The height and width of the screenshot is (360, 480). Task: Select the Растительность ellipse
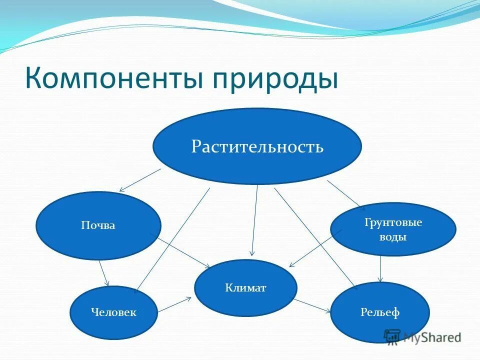click(257, 146)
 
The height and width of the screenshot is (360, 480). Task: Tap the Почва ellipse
click(98, 225)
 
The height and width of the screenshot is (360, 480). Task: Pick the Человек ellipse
click(113, 312)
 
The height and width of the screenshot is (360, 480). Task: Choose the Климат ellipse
click(245, 287)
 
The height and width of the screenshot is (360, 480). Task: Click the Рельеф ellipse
click(380, 313)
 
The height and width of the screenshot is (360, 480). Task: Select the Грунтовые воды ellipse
click(393, 229)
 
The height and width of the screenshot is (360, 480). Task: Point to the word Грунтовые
click(393, 222)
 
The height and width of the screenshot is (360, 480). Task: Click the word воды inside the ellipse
click(393, 237)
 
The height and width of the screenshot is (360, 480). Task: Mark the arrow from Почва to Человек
click(104, 273)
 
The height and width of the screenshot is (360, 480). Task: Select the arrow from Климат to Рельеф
click(312, 306)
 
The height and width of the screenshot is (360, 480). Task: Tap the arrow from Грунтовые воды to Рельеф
click(380, 269)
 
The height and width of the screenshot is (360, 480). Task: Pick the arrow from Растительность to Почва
click(140, 180)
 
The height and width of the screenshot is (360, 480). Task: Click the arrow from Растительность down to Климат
click(255, 220)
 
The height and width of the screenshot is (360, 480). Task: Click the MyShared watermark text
click(432, 337)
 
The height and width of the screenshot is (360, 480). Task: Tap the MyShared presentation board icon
click(392, 336)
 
